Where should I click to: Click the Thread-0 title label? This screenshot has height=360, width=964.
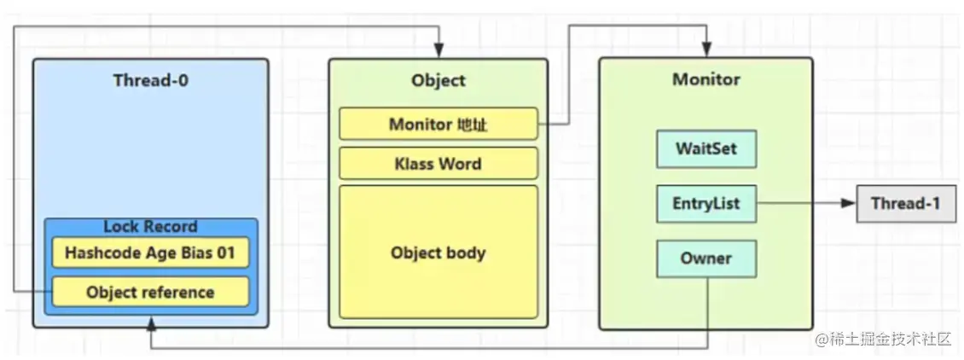coord(150,81)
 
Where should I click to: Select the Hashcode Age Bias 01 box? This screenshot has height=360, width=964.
coord(150,253)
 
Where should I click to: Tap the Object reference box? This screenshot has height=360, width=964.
coord(150,292)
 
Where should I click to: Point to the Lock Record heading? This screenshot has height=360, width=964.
coord(150,227)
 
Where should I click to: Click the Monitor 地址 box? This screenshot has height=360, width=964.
coord(438,125)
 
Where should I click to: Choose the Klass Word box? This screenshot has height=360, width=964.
coord(438,164)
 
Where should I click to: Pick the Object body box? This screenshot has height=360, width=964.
coord(438,253)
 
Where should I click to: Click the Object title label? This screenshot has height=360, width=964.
coord(438,81)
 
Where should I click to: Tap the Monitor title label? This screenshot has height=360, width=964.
coord(706,80)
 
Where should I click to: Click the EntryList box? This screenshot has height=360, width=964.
coord(706,204)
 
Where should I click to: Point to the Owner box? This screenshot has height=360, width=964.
coord(706,258)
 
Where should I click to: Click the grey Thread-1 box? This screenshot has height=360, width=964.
coord(906,204)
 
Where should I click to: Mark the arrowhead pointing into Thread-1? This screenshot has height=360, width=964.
coord(848,204)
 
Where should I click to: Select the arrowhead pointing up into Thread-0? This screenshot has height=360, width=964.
coord(151,324)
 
